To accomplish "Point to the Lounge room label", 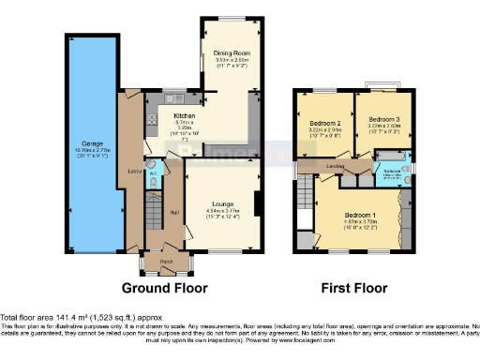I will [x=222, y=203].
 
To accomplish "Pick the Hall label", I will [x=174, y=212].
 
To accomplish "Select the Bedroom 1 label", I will [x=356, y=213].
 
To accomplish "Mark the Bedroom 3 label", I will [x=383, y=120].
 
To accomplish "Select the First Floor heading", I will [x=357, y=288].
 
